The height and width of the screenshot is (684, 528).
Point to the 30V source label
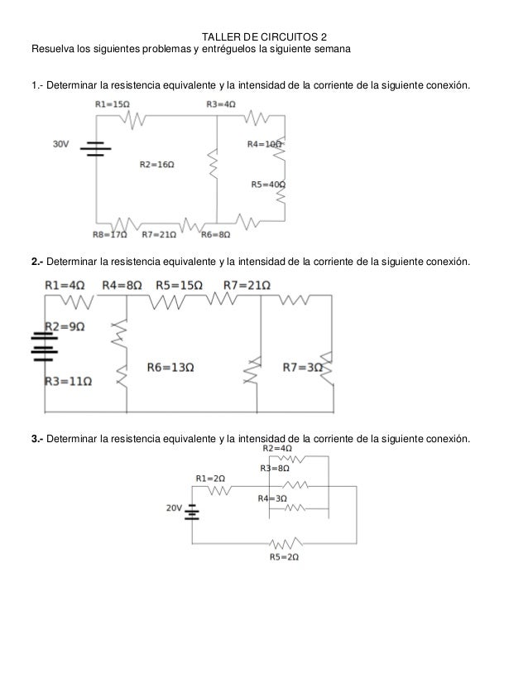tap(60, 144)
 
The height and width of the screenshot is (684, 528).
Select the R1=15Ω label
tap(112, 105)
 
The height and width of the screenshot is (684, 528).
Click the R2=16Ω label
tap(157, 165)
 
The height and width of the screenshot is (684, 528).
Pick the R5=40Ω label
tap(268, 185)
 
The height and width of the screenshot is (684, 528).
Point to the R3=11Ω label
tap(68, 383)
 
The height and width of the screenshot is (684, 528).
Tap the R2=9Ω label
tap(65, 326)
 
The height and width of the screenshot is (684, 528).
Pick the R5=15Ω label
tap(180, 285)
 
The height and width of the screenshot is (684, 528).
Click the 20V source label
tap(174, 509)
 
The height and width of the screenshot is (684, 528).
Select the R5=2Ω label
tap(284, 558)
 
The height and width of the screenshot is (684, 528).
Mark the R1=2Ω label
tap(210, 478)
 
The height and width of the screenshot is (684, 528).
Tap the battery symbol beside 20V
tap(192, 512)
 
